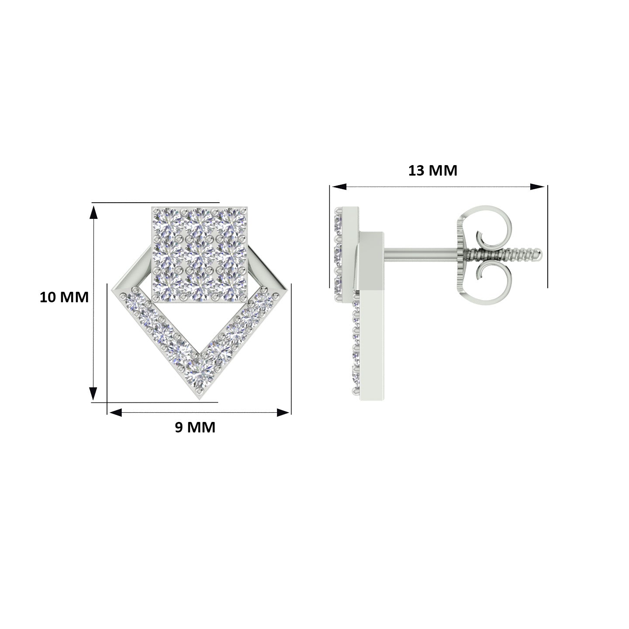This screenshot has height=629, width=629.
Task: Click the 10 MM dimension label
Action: pyautogui.click(x=64, y=297)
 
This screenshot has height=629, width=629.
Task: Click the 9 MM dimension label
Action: pyautogui.click(x=195, y=427)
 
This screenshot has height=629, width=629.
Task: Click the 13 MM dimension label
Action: pyautogui.click(x=432, y=170)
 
